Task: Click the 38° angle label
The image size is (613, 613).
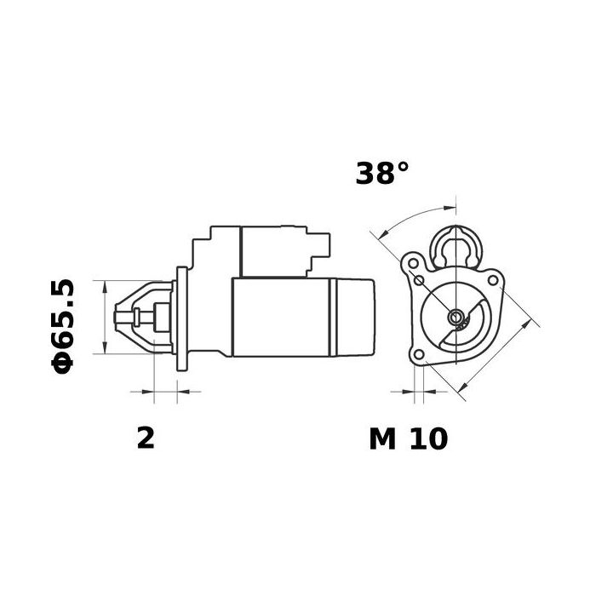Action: (x=382, y=173)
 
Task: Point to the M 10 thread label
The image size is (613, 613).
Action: (x=408, y=438)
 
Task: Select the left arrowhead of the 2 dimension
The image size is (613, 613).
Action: (x=147, y=392)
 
